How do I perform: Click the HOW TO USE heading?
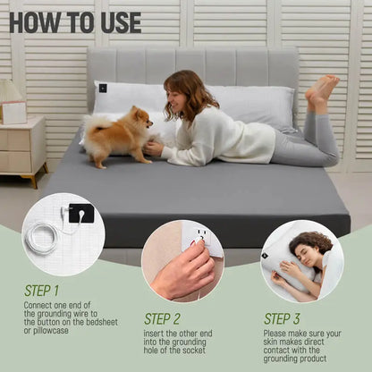click(75, 21)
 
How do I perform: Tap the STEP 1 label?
click(41, 291)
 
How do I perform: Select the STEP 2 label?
click(163, 317)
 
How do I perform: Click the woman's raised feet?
click(322, 90)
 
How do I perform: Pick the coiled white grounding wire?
click(42, 239)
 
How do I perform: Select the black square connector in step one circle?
click(80, 214)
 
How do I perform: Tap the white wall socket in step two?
click(202, 239)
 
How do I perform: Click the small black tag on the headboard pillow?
click(103, 88)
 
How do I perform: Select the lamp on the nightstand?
click(11, 93)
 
